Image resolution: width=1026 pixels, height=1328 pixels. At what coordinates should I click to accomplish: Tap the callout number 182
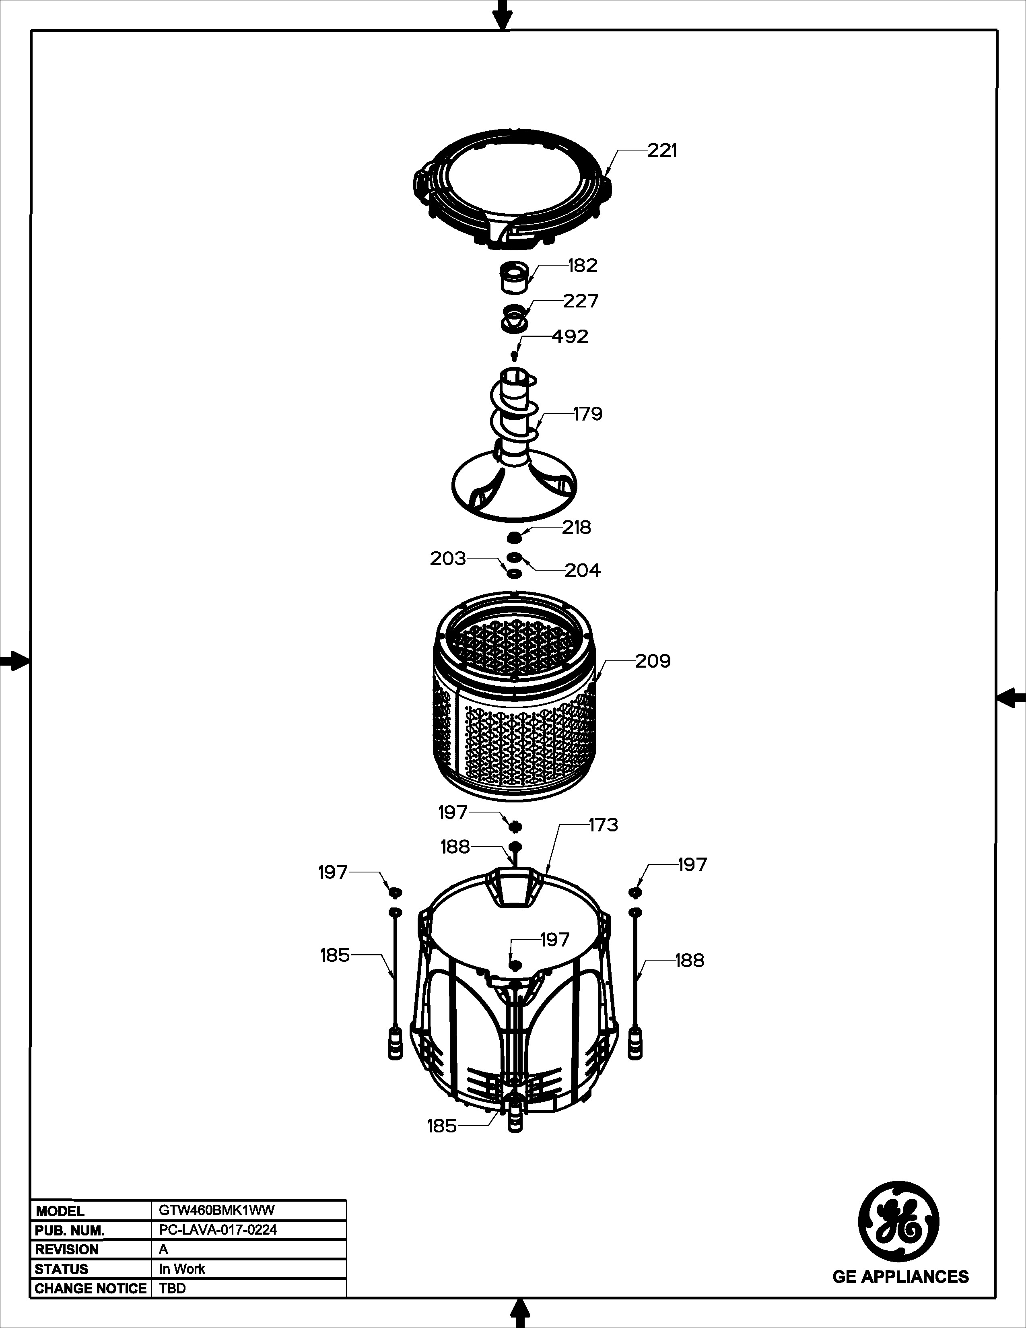pyautogui.click(x=582, y=265)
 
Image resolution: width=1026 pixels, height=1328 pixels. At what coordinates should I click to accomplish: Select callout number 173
pyautogui.click(x=603, y=825)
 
